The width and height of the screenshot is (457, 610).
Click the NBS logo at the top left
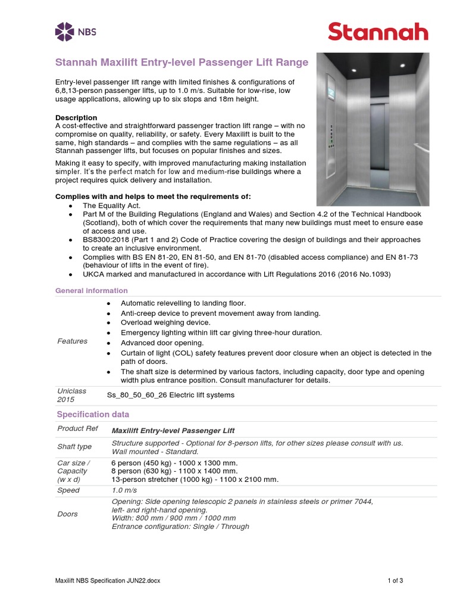coord(75,31)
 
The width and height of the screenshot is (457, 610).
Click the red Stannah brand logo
coord(378,31)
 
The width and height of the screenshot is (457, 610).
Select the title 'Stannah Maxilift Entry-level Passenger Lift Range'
coord(181,62)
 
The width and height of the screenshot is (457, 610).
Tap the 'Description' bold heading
coord(76,117)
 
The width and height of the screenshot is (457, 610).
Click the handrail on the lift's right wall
coord(421,147)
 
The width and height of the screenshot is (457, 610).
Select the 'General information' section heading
coord(91,291)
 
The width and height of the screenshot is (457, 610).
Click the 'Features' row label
coord(72,341)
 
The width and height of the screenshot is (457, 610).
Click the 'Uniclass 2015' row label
coord(71,395)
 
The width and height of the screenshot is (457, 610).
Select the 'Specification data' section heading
coord(93,414)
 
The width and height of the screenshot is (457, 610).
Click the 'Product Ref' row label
coord(75,429)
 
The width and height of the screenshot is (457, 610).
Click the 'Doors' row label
coord(67,513)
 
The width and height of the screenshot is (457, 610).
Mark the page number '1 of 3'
coord(395,580)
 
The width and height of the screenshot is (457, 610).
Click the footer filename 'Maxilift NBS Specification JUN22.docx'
coord(108,580)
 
